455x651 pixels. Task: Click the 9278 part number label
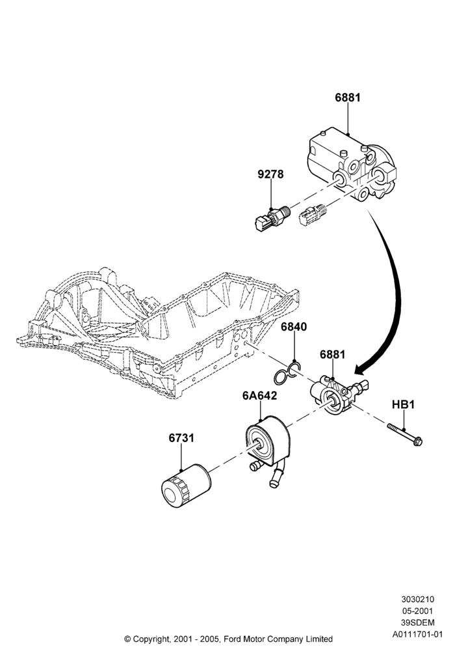pos(270,174)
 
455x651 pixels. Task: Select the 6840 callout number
pos(294,327)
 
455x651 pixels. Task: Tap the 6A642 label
pos(259,396)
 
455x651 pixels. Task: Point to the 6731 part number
pos(181,438)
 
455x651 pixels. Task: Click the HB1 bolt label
pos(403,404)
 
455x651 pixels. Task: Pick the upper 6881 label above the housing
pos(348,98)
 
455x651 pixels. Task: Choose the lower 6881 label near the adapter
pos(332,355)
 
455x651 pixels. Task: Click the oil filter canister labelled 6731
pos(186,485)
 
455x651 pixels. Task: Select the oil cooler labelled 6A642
pos(268,449)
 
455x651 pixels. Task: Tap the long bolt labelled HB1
pos(405,434)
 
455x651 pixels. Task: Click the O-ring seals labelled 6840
pos(287,373)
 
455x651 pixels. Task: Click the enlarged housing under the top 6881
pos(352,166)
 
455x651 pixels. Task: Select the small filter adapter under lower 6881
pos(337,395)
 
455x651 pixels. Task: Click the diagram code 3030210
pos(417,599)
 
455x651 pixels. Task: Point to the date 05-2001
pos(417,611)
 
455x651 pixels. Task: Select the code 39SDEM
pos(417,623)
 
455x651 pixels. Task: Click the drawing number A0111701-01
pos(417,634)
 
